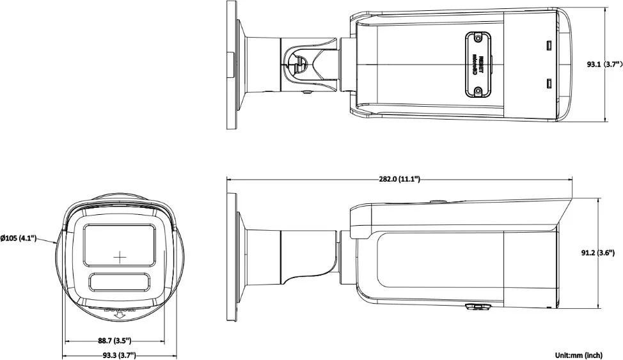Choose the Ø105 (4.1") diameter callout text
pyautogui.click(x=19, y=238)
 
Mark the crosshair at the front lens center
pyautogui.click(x=120, y=256)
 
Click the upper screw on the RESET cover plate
pyautogui.click(x=477, y=38)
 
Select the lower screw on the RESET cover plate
pyautogui.click(x=477, y=91)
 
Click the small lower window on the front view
pyautogui.click(x=120, y=282)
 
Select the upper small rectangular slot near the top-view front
pyautogui.click(x=548, y=45)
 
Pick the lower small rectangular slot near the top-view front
pyautogui.click(x=548, y=84)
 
